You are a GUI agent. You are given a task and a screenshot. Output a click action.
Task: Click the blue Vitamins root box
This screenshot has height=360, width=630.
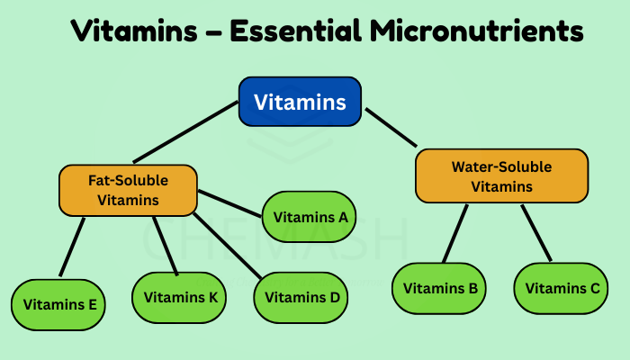pyautogui.click(x=300, y=102)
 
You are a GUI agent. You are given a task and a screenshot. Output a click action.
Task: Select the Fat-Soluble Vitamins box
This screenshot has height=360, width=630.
pyautogui.click(x=127, y=189)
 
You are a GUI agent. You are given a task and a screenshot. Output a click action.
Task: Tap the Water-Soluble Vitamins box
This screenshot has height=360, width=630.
pyautogui.click(x=501, y=175)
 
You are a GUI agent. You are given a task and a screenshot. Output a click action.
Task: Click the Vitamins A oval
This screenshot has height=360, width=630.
pyautogui.click(x=309, y=216)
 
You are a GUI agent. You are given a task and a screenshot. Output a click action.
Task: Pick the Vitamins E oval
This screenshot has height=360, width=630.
pyautogui.click(x=59, y=304)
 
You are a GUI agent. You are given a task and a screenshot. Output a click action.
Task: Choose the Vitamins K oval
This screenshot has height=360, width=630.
pyautogui.click(x=180, y=297)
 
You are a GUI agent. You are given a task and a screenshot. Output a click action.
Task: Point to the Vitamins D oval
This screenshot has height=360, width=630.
pyautogui.click(x=301, y=297)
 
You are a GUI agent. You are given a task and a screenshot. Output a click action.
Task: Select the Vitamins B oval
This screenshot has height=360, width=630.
pyautogui.click(x=440, y=288)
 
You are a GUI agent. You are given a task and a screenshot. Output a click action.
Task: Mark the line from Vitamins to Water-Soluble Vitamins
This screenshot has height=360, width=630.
pyautogui.click(x=391, y=127)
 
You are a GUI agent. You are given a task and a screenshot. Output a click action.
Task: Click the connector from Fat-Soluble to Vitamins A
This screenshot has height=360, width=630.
pyautogui.click(x=229, y=202)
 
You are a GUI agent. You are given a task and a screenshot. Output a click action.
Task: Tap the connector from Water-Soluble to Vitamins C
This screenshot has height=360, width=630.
pyautogui.click(x=535, y=232)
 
